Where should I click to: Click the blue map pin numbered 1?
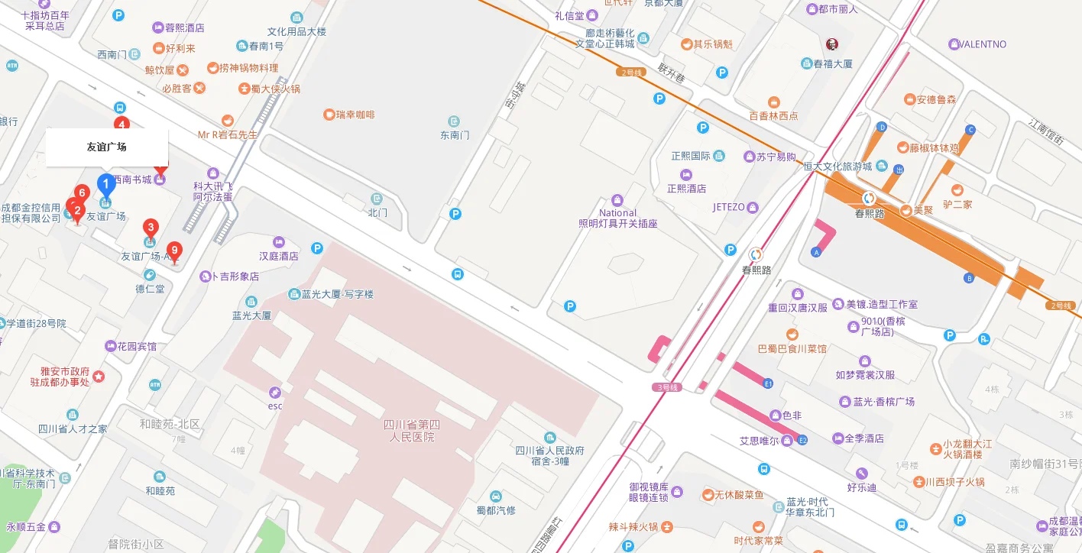[x=106, y=185]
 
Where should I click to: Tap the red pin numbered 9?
[x=174, y=251]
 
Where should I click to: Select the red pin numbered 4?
[x=121, y=124]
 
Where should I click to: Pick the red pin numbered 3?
[x=151, y=227]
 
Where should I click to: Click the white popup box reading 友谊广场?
[x=107, y=147]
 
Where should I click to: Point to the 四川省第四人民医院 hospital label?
[x=410, y=431]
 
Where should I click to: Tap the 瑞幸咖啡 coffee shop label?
[x=349, y=115]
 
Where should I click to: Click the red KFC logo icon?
[x=832, y=44]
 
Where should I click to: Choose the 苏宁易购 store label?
[x=776, y=157]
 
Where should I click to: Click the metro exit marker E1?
[x=768, y=383]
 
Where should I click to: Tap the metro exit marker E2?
[x=802, y=441]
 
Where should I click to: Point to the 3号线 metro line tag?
[x=667, y=387]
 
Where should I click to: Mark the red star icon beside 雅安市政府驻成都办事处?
[x=99, y=376]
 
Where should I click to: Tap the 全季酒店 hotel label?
[x=863, y=438]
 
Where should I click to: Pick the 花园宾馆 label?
[x=136, y=346]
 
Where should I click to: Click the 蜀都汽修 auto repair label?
[x=496, y=510]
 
